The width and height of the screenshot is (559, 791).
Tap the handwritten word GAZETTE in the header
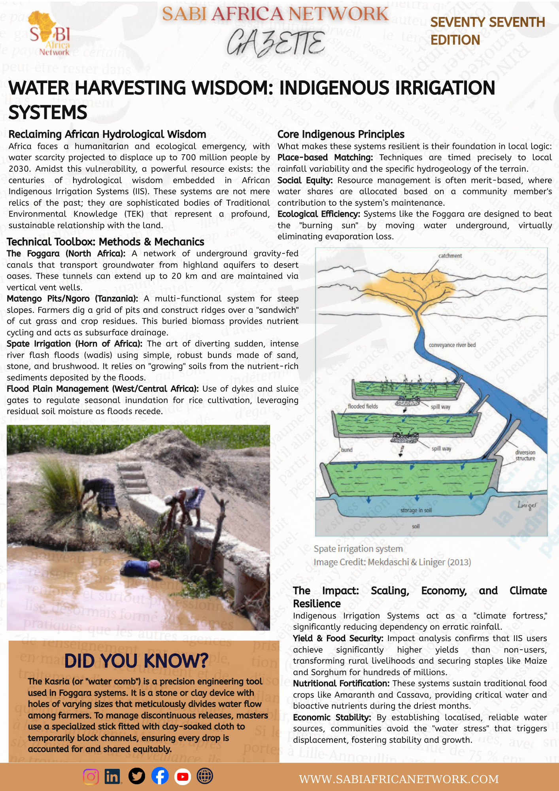click(x=276, y=43)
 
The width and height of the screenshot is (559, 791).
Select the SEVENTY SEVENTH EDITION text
click(x=487, y=31)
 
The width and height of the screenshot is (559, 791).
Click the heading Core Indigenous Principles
click(x=341, y=134)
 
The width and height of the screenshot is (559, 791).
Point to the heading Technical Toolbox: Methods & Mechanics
click(x=106, y=242)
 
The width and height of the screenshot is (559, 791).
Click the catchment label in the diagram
click(x=450, y=256)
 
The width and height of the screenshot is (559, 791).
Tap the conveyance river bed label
click(x=452, y=345)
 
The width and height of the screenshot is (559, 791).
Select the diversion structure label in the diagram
click(x=525, y=455)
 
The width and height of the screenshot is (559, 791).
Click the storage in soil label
click(x=416, y=510)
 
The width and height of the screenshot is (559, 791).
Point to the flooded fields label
click(x=363, y=406)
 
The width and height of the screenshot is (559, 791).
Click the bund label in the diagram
click(x=347, y=450)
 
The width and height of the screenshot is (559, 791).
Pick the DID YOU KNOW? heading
click(x=136, y=661)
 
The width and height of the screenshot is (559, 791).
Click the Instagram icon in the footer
click(x=91, y=776)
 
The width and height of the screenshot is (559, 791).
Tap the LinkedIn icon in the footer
click(x=113, y=776)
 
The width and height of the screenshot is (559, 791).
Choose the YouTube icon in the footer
click(x=183, y=776)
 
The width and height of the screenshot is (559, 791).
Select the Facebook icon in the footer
click(x=160, y=776)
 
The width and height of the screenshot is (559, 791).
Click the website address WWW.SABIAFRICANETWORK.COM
click(x=399, y=779)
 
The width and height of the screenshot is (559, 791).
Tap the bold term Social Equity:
click(x=305, y=180)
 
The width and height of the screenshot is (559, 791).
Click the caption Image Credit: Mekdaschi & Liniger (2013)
click(x=392, y=562)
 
